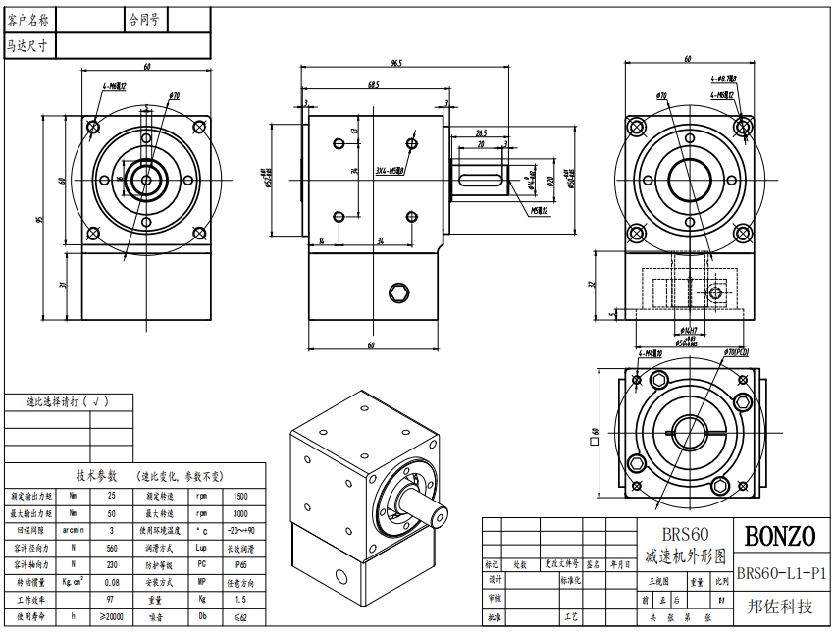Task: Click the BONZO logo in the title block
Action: click(x=780, y=536)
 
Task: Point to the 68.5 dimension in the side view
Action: click(x=374, y=85)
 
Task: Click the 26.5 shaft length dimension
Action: click(x=481, y=132)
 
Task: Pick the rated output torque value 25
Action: click(x=111, y=496)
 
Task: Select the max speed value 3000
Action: click(x=240, y=513)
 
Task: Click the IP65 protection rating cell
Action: click(x=240, y=565)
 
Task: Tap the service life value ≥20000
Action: click(x=111, y=616)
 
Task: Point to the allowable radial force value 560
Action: click(x=111, y=548)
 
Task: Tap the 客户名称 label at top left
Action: click(x=32, y=19)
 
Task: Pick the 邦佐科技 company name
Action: click(x=781, y=607)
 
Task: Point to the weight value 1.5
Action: click(x=240, y=599)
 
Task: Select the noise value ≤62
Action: click(x=240, y=616)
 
